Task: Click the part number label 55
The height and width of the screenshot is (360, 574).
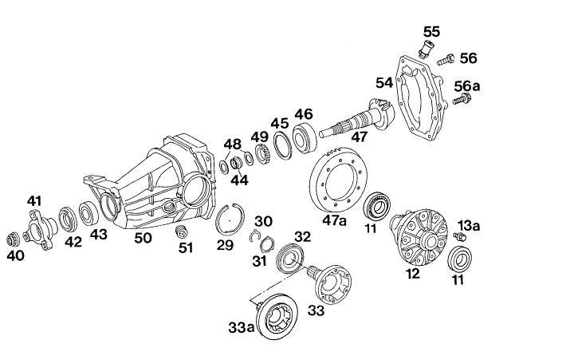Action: click(x=431, y=32)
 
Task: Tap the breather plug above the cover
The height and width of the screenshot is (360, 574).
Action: click(x=426, y=49)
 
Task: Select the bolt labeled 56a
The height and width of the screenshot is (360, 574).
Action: click(x=462, y=99)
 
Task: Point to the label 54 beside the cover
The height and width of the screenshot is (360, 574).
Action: click(x=384, y=83)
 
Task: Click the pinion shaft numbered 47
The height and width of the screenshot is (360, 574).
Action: click(x=356, y=118)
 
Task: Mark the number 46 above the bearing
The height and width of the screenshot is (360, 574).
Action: click(x=304, y=114)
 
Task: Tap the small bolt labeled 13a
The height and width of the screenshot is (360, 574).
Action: click(x=459, y=236)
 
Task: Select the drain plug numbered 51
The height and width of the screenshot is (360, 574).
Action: click(x=182, y=231)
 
